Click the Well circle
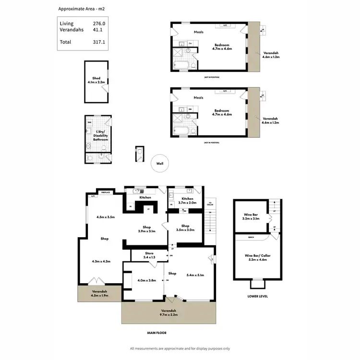(159, 164)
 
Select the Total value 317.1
(99, 42)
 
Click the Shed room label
(96, 80)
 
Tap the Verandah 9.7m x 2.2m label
(168, 312)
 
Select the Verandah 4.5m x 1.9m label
(100, 293)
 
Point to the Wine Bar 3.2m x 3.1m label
(250, 216)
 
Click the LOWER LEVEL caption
(258, 296)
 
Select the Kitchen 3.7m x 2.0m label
(187, 201)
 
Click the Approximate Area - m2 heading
(81, 9)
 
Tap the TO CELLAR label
(209, 204)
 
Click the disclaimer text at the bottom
(180, 348)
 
